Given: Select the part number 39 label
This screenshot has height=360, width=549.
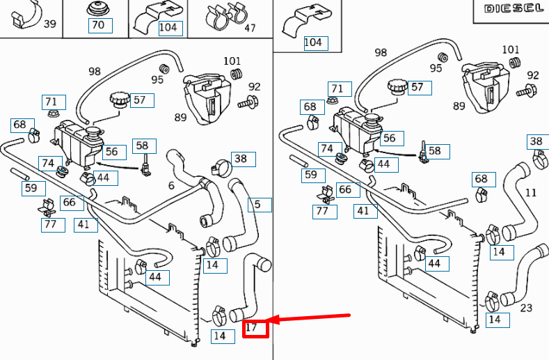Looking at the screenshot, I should click(x=50, y=24).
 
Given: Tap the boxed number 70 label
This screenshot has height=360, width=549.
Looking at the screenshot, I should click(x=98, y=26).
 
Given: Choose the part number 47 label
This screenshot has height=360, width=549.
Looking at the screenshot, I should click(x=250, y=28).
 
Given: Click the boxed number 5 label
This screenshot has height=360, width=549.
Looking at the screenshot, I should click(x=258, y=205).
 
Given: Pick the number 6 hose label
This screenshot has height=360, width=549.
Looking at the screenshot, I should click(x=171, y=185).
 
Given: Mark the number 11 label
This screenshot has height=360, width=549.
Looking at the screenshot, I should click(x=531, y=191).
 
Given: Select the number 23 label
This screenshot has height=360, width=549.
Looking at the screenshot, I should click(x=526, y=308).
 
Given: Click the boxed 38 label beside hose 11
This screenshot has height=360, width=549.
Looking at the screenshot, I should click(x=536, y=141).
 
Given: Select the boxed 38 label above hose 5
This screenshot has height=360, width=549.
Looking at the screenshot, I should click(x=240, y=159).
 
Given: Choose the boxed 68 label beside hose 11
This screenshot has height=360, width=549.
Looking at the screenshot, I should click(x=481, y=180).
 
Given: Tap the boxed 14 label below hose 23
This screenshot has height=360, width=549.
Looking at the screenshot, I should click(x=495, y=320).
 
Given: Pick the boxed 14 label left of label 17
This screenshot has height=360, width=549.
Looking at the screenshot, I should click(x=219, y=336).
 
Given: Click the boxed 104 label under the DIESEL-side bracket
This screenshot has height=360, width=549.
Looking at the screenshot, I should click(x=313, y=42).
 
